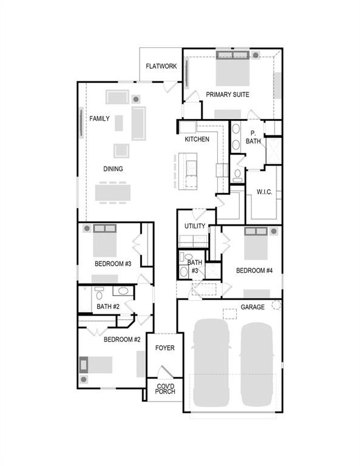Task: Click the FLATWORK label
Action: tap(161, 66)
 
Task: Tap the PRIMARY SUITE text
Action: tap(228, 95)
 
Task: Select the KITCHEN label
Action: tap(197, 140)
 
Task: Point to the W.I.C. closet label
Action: tap(264, 192)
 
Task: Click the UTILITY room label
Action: tap(195, 226)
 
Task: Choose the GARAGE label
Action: tap(252, 307)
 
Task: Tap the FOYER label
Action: tap(165, 348)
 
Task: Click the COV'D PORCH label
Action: tap(165, 389)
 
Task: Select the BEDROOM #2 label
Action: tap(122, 339)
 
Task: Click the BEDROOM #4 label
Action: tap(254, 270)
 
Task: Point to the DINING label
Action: tap(113, 169)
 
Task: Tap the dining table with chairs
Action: tap(112, 192)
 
